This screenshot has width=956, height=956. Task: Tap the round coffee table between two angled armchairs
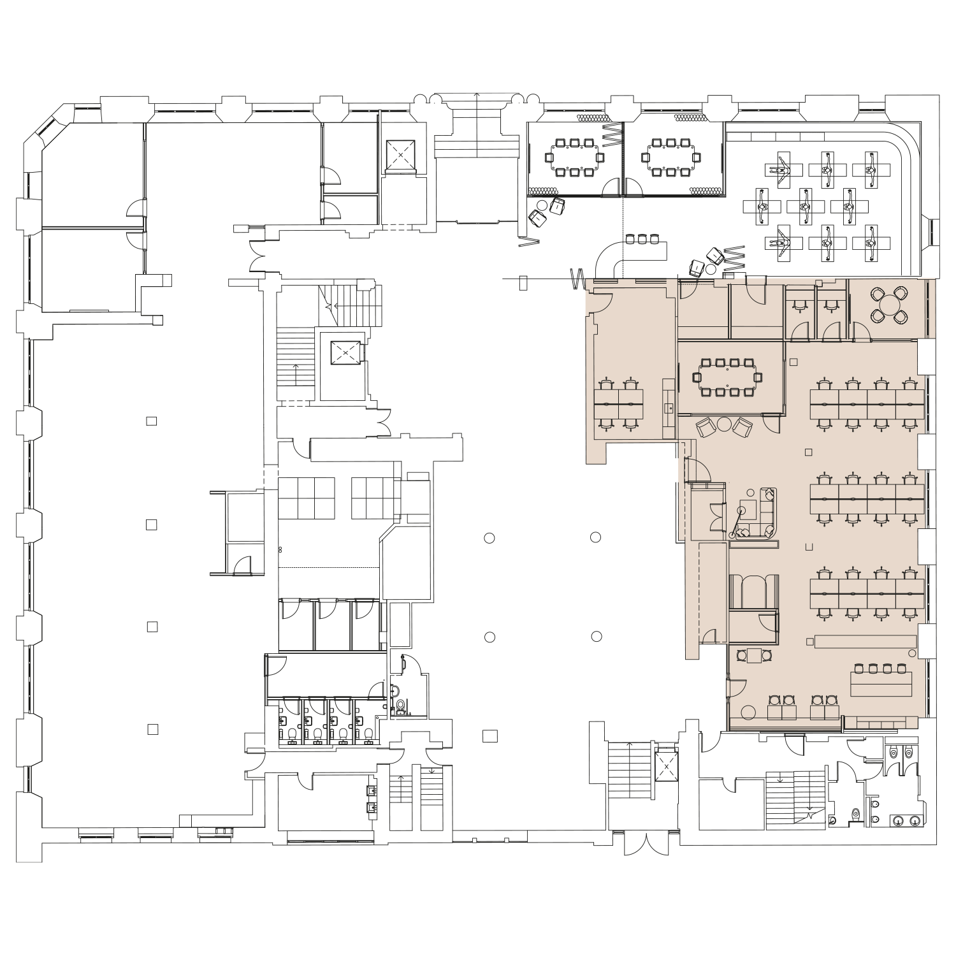(725, 424)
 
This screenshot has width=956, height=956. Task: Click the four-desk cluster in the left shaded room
(618, 404)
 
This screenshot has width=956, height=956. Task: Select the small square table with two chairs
(755, 655)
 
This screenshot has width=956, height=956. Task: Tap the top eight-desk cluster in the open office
(867, 403)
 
